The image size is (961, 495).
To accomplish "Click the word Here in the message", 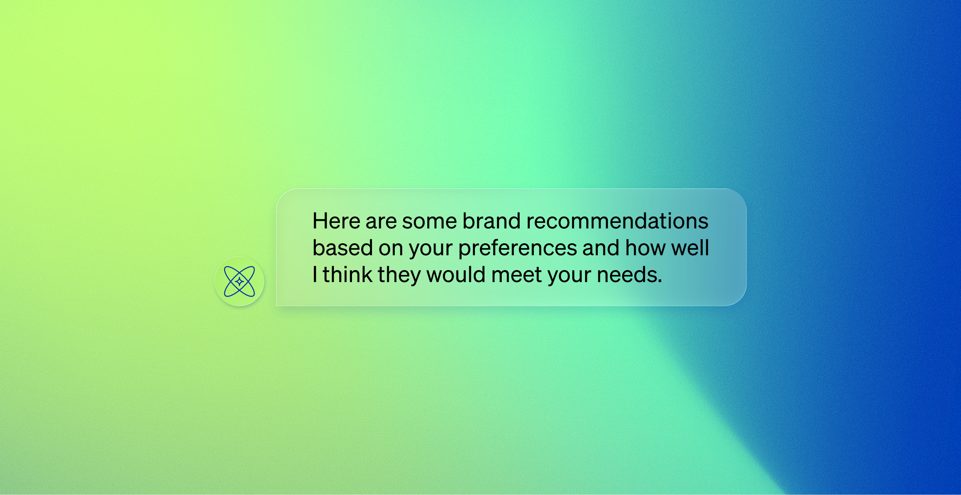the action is [x=336, y=221].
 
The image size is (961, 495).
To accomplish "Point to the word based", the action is [x=343, y=248].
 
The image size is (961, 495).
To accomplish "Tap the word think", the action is [x=348, y=275].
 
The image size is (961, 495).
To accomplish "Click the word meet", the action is [x=517, y=275].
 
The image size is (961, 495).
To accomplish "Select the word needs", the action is [x=629, y=275].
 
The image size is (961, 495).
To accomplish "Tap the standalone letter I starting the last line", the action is [x=315, y=275].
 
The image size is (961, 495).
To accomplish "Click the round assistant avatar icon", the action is [x=239, y=281].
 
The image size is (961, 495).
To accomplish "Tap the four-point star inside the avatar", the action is [x=239, y=282].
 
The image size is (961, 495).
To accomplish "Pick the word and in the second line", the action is [x=601, y=248].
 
